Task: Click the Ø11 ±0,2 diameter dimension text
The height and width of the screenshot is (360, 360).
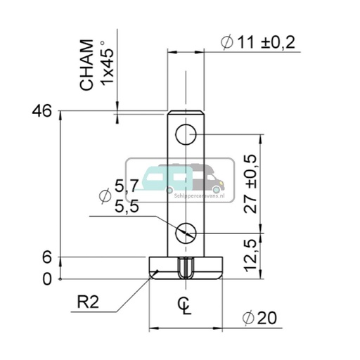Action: (x=257, y=42)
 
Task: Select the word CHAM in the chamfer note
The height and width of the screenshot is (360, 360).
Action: (x=86, y=65)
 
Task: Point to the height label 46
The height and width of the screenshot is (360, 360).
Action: (x=42, y=111)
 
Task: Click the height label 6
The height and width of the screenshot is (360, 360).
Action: (x=47, y=258)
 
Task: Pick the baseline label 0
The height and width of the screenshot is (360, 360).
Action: (x=47, y=279)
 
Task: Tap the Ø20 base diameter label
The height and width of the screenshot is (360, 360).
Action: (x=258, y=319)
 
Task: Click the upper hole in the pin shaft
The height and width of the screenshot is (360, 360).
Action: (x=186, y=134)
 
